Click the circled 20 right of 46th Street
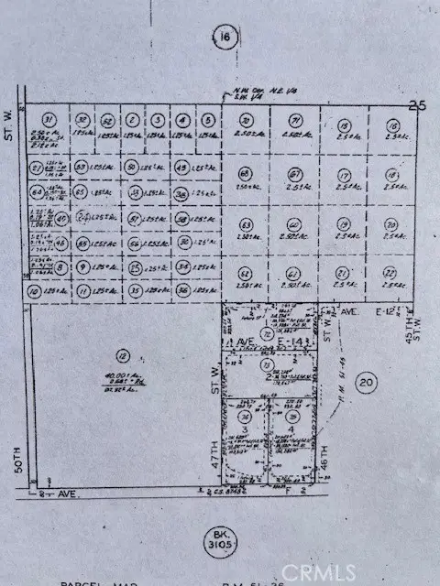click(x=368, y=383)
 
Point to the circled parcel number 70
click(x=245, y=120)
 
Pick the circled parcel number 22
click(x=391, y=273)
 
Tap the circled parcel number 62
click(x=245, y=273)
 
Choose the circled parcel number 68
click(x=245, y=173)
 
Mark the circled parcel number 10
click(x=35, y=291)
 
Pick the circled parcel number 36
click(x=183, y=290)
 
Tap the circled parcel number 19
click(x=344, y=223)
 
